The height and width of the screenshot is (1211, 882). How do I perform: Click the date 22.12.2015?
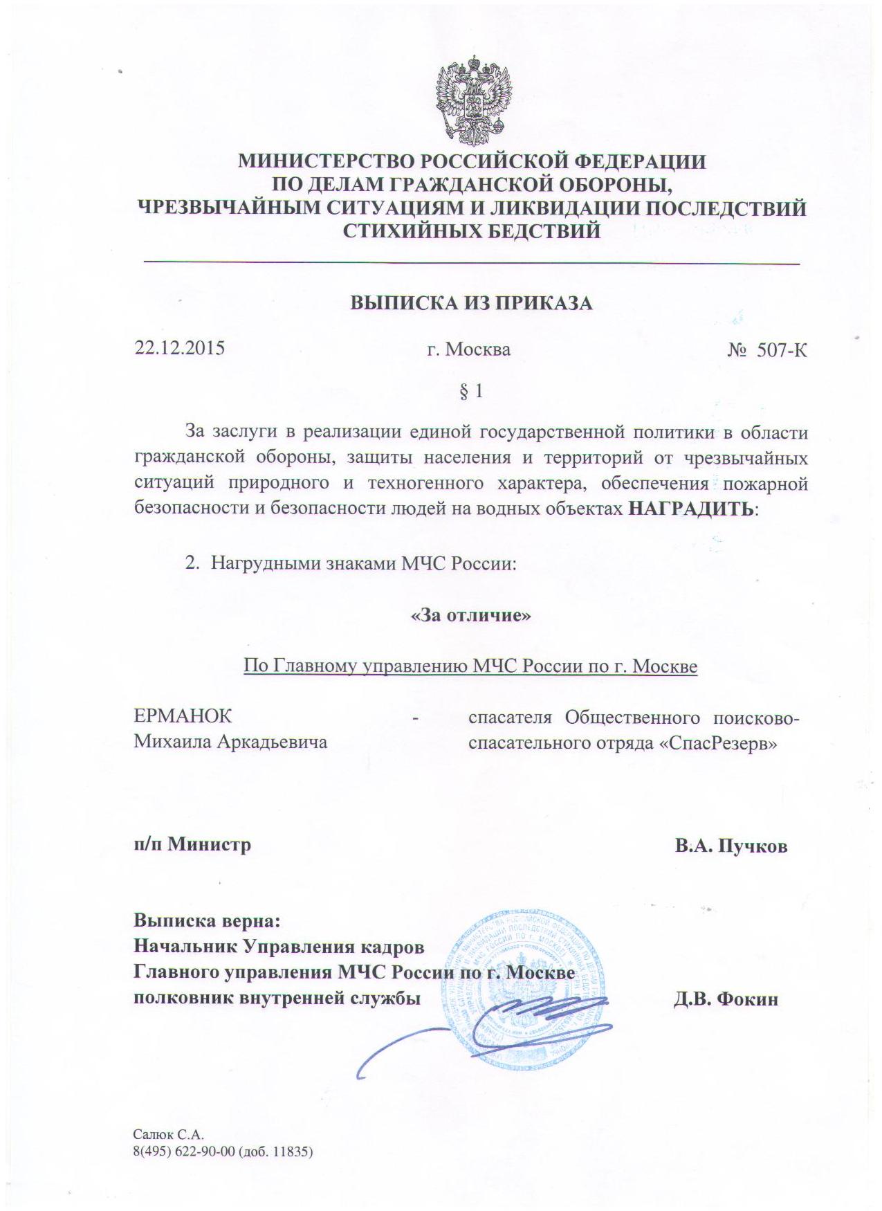point(179,347)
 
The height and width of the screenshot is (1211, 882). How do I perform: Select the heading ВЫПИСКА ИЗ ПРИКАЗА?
point(472,303)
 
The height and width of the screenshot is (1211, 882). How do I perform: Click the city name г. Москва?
point(468,349)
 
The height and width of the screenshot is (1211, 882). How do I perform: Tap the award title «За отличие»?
point(471,614)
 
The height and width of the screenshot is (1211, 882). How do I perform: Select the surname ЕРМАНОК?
point(183,716)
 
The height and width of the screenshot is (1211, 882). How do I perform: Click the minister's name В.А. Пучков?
point(731,846)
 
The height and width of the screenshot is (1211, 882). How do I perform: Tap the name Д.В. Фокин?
point(726,999)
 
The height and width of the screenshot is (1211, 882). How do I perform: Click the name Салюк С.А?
point(169,1135)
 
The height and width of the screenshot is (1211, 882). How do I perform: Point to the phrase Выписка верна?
point(207,921)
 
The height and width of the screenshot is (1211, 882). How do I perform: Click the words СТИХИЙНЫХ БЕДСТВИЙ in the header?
point(472,230)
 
